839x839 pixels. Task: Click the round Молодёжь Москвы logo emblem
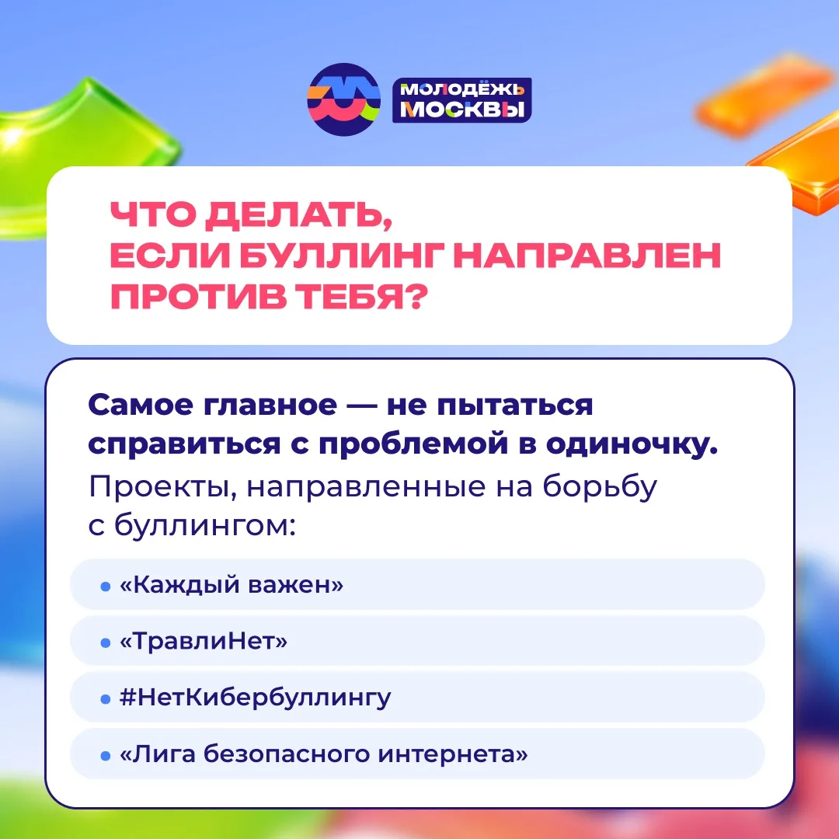tap(343, 99)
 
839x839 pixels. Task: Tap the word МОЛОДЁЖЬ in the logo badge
tap(462, 89)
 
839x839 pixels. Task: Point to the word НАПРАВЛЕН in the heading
tap(587, 256)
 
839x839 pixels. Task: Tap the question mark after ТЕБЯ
tap(416, 296)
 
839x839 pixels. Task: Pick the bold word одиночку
tap(632, 444)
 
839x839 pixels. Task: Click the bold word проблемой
tap(413, 445)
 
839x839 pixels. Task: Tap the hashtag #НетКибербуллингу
tap(256, 698)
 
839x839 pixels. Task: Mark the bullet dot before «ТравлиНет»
tap(106, 642)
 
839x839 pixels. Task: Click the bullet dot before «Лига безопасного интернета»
tap(106, 756)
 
